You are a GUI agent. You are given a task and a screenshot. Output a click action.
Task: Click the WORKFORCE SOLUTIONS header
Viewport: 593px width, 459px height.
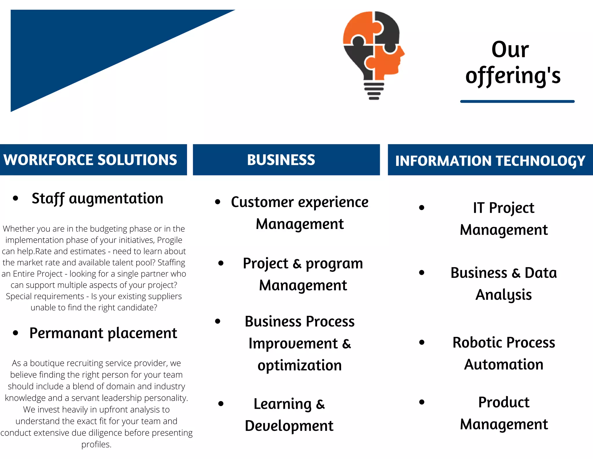[x=90, y=160]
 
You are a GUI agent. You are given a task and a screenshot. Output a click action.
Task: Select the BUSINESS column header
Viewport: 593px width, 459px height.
[x=281, y=160]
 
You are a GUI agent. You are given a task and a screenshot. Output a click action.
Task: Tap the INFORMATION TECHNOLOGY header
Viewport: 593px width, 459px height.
[x=490, y=161]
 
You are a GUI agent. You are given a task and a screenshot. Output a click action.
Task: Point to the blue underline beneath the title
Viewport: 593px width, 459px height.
[x=517, y=101]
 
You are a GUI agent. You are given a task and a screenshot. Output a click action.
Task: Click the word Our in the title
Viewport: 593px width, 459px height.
[x=510, y=50]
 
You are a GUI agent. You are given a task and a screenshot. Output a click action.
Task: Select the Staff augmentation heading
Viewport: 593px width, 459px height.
[x=97, y=199]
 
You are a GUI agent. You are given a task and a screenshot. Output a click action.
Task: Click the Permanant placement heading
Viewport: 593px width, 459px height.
[x=103, y=333]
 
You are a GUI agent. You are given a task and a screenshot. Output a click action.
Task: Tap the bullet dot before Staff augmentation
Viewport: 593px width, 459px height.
[x=16, y=199]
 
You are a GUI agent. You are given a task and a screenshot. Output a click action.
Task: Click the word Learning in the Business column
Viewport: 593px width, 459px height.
[x=283, y=404]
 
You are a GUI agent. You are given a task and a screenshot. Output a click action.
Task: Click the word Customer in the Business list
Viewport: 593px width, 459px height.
[x=262, y=202]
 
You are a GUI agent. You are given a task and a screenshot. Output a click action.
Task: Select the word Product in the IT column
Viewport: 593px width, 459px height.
[x=504, y=402]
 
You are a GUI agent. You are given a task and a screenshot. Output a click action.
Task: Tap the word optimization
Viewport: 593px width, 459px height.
[x=300, y=365]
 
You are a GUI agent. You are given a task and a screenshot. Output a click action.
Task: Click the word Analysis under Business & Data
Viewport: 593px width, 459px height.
[x=504, y=295]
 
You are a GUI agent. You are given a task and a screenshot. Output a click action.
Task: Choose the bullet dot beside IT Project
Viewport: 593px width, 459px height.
[x=422, y=208]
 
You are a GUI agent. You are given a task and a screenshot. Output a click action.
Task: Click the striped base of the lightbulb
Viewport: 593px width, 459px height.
[x=374, y=91]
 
